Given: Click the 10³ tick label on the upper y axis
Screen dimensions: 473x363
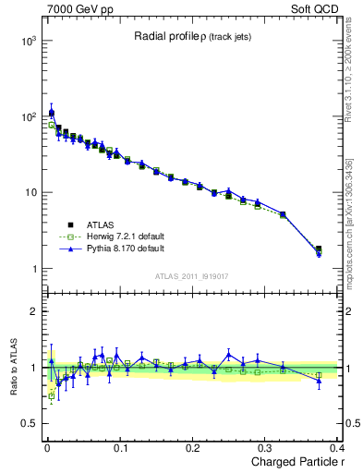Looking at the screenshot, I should pos(29,42).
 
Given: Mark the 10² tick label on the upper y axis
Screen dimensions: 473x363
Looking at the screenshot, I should pos(29,117).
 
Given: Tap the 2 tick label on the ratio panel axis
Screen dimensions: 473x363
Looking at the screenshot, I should pos(34,311).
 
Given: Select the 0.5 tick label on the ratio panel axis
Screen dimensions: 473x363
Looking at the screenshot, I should pos(30,424).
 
